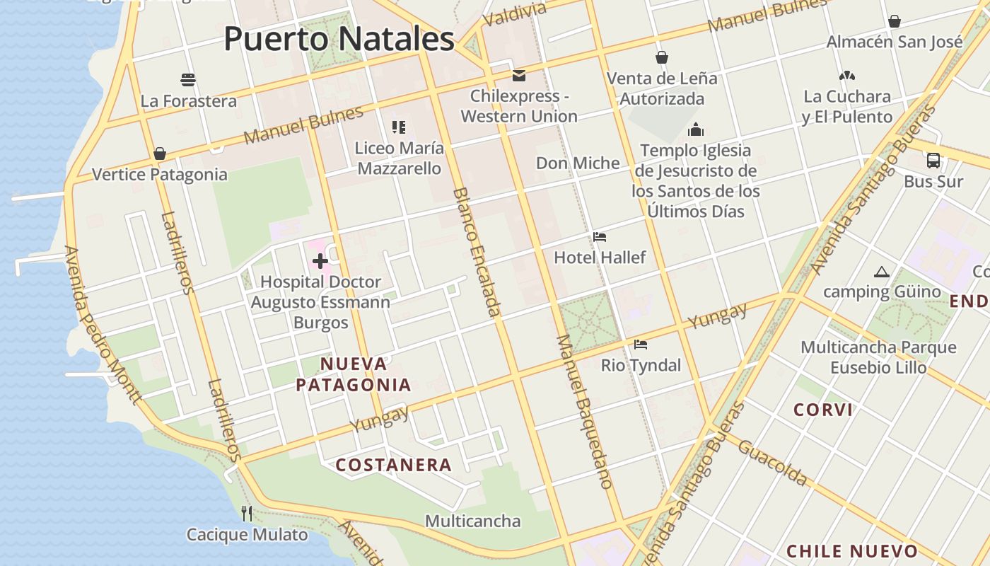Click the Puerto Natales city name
coord(339,39)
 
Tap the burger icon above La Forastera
coord(188,79)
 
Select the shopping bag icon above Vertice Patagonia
coord(160,154)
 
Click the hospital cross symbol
coord(320,261)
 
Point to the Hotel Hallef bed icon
coord(600,237)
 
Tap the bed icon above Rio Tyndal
coord(641,345)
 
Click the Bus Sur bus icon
coord(933,161)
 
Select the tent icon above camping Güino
coord(881,272)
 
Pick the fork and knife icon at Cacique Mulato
coord(247,513)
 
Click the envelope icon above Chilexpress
coord(519,75)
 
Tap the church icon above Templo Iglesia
coord(696,129)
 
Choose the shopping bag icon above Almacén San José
coord(895,21)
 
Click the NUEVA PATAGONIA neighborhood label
coord(354,374)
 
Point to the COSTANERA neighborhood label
coord(393,465)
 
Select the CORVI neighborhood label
coord(823,410)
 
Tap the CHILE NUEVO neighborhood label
coord(852,551)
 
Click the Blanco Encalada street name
coord(477,252)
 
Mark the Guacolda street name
coord(772,462)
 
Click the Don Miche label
coord(578,163)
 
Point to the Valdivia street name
coord(516,13)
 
